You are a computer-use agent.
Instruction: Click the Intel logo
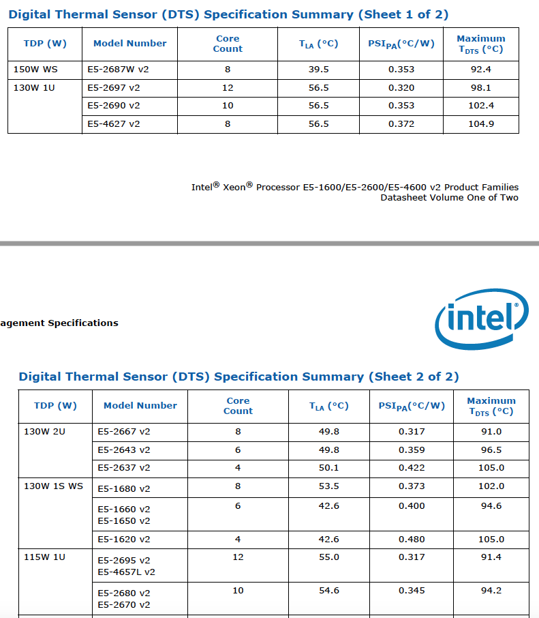[x=481, y=319]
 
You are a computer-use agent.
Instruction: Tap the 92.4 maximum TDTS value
[x=481, y=69]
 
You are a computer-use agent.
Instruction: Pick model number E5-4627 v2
[x=114, y=123]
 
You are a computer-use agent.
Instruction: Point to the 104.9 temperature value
[x=481, y=123]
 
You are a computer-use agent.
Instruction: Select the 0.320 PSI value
[x=401, y=87]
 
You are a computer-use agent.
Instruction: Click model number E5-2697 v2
[x=114, y=87]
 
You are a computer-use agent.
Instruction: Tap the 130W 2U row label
[x=45, y=431]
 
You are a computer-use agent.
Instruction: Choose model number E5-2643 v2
[x=124, y=450]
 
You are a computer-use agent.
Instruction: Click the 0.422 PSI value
[x=412, y=467]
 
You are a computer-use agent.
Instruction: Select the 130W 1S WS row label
[x=53, y=486]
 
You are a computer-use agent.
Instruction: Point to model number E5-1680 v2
[x=124, y=488]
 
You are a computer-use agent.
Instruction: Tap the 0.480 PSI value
[x=412, y=539]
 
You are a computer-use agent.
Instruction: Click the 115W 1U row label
[x=45, y=557]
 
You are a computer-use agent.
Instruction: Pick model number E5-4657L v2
[x=127, y=572]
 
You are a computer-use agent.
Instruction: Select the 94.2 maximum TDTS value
[x=491, y=590]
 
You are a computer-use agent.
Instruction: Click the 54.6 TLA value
[x=329, y=590]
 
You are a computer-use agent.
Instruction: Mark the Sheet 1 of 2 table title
[x=228, y=14]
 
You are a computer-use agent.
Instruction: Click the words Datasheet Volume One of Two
[x=449, y=198]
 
